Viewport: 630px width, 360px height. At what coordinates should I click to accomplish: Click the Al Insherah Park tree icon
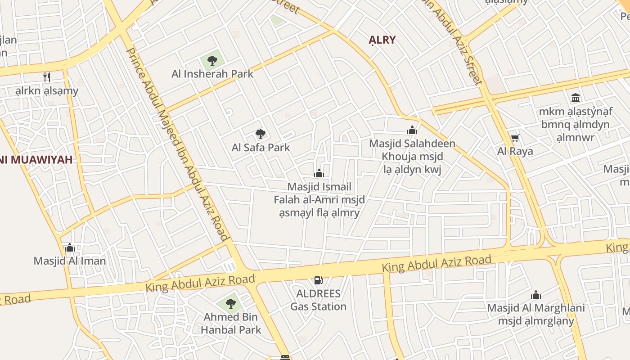point(212,60)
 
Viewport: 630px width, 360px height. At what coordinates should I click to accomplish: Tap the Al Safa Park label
point(261,147)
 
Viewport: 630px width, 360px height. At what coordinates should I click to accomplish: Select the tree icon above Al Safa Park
point(260,134)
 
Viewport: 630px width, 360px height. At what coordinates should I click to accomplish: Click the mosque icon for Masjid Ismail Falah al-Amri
point(319,173)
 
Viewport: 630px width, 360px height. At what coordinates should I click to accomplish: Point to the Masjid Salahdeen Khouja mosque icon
point(412,130)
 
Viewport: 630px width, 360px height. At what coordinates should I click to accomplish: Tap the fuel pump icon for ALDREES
point(318,280)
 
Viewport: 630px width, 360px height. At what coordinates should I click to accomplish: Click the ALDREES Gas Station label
point(318,300)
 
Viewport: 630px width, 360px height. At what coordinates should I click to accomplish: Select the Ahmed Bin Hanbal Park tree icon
point(231,303)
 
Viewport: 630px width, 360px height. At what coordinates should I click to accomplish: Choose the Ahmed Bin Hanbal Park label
point(231,323)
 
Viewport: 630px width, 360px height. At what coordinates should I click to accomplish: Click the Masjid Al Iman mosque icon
point(70,247)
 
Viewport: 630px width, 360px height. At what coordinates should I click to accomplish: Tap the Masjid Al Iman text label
point(70,261)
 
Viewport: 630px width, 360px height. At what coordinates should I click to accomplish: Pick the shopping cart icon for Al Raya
point(515,138)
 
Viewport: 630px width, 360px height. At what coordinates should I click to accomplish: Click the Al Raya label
point(515,151)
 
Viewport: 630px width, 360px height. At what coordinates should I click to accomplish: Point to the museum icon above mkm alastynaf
point(575,98)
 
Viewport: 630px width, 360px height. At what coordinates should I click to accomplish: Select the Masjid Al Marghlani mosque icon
point(535,295)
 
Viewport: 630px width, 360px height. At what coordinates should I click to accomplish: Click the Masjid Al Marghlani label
point(536,314)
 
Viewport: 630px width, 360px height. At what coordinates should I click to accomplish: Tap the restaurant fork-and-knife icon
point(47,77)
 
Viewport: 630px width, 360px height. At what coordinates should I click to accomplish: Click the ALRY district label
point(382,40)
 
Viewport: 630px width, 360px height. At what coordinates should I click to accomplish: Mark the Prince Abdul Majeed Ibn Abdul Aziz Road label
point(178,144)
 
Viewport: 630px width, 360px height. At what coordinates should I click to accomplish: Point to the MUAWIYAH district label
point(36,159)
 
